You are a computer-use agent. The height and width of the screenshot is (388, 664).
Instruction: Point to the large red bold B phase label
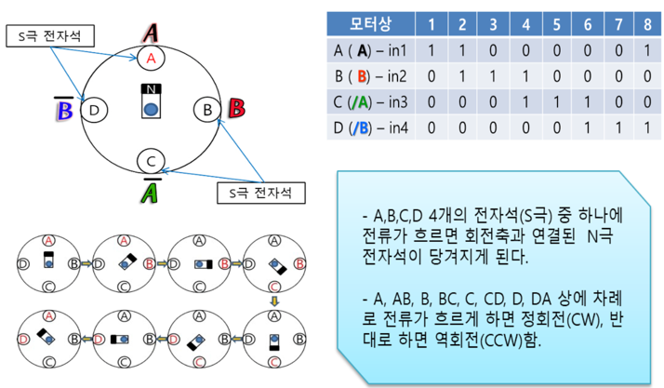point(236,108)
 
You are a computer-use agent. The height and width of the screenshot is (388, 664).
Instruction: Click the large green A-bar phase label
point(150,193)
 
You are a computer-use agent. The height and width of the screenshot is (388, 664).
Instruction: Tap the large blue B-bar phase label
point(65,111)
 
